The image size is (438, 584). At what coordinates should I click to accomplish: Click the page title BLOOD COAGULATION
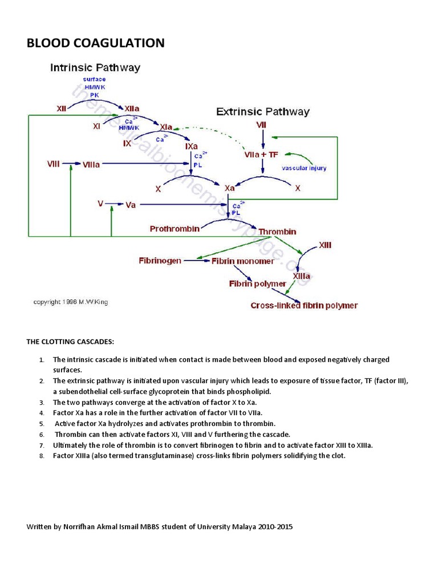95,43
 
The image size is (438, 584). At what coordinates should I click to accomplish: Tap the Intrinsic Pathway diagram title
95,68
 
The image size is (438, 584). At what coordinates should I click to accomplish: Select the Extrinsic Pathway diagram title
262,112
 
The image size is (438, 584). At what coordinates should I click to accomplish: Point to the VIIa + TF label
261,155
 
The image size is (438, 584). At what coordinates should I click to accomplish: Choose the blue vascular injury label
304,168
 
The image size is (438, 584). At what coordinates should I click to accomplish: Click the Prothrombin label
175,229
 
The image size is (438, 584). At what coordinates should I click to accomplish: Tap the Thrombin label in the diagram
277,232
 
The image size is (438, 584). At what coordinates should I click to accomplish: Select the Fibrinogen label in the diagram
160,261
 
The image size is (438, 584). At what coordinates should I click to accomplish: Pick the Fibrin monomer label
242,261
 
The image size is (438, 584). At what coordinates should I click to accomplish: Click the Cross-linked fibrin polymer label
304,306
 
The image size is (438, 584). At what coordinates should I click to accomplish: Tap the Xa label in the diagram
230,188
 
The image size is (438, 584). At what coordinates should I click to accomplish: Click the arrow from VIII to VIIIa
72,164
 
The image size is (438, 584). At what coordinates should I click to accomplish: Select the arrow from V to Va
115,204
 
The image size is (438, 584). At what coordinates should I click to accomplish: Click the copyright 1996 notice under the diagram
71,302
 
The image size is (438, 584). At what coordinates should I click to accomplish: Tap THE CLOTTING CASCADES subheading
70,342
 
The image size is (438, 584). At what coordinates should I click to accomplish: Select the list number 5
42,424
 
